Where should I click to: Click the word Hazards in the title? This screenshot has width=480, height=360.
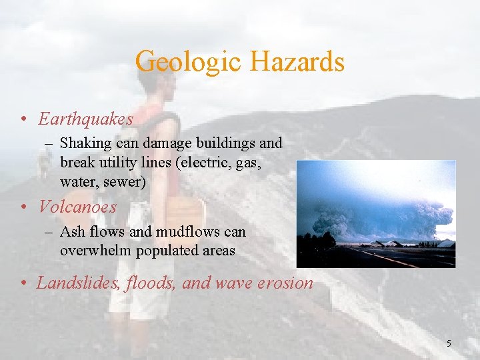click(x=297, y=62)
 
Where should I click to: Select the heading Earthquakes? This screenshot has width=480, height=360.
click(x=85, y=119)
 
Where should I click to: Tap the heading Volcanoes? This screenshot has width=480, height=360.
click(x=77, y=207)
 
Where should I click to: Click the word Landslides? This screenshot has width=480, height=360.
click(x=72, y=283)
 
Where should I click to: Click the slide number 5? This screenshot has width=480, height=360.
click(x=449, y=343)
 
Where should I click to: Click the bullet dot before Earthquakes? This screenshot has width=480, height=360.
click(x=23, y=120)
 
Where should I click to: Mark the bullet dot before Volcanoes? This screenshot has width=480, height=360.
click(x=23, y=208)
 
